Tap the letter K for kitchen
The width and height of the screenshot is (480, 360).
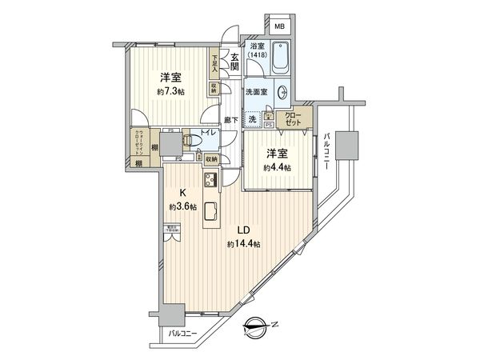point(182,192)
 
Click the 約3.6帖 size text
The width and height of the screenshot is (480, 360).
point(182,206)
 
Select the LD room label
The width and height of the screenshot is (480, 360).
point(242,229)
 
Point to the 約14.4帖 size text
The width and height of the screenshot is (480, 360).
point(242,244)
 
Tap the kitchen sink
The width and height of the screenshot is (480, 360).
point(212,212)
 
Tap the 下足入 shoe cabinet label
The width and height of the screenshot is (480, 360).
point(214,63)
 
